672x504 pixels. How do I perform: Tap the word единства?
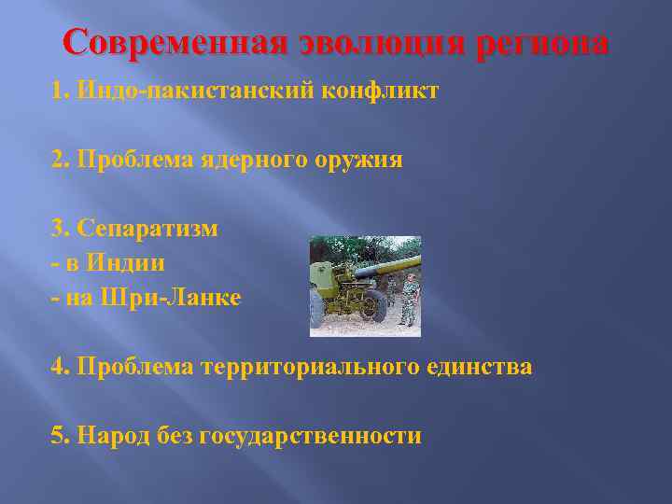477,367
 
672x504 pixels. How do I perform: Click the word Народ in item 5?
110,435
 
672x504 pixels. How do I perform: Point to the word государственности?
311,435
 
